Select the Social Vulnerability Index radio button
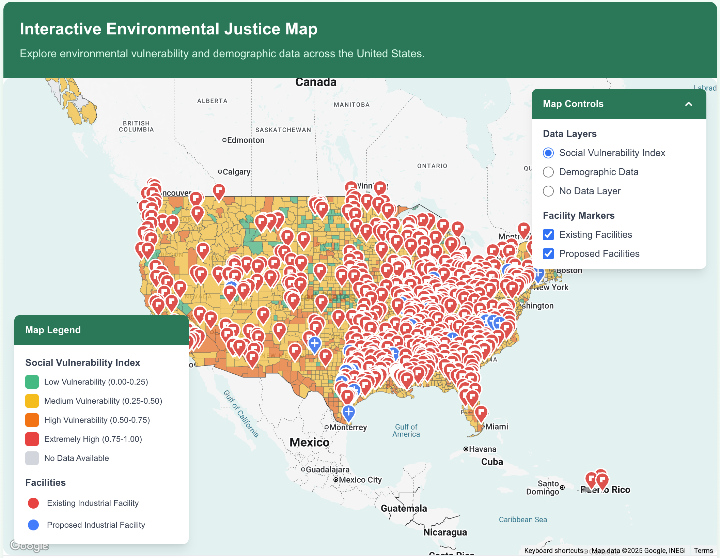(548, 153)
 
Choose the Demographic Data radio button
(548, 172)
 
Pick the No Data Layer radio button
(548, 191)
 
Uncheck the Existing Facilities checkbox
(548, 235)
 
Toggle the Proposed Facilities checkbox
(548, 254)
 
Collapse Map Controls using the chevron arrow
(688, 104)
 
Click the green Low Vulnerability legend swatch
(32, 382)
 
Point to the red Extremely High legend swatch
(32, 439)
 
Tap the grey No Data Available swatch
(32, 458)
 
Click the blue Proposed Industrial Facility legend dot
(33, 525)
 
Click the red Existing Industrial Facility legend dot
(33, 503)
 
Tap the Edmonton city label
(245, 140)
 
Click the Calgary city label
(236, 172)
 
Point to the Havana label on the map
(482, 449)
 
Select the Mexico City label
(360, 480)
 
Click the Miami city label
(496, 427)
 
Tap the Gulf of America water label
(406, 431)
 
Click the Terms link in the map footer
(703, 551)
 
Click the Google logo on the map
(29, 545)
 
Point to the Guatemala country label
(404, 508)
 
